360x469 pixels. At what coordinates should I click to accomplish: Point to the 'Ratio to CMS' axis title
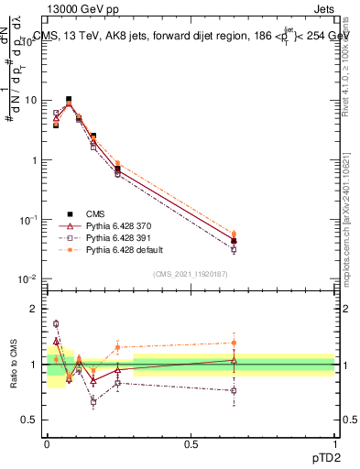pyautogui.click(x=15, y=364)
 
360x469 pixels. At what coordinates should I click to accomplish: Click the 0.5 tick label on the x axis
pyautogui.click(x=191, y=442)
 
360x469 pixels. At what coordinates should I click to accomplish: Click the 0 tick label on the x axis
pyautogui.click(x=47, y=442)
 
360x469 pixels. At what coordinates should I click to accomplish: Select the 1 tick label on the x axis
pyautogui.click(x=334, y=442)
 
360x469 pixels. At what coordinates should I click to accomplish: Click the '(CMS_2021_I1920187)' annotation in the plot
pyautogui.click(x=191, y=273)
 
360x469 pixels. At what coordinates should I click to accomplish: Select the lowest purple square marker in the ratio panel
pyautogui.click(x=93, y=401)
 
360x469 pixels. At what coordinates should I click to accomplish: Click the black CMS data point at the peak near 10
pyautogui.click(x=69, y=99)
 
